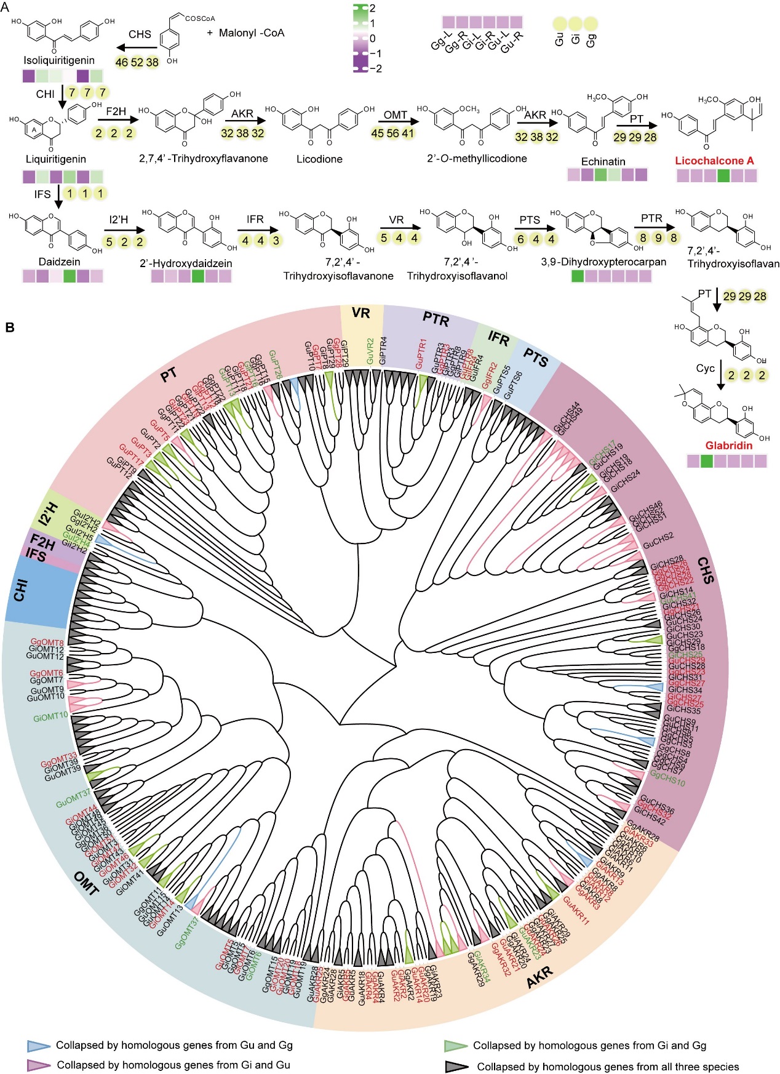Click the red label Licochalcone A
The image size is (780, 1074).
pos(714,161)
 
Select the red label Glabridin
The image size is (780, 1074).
pos(729,446)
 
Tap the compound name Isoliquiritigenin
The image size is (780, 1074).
pos(59,60)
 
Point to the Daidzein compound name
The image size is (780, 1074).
pos(60,262)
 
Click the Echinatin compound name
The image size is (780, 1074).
pos(603,161)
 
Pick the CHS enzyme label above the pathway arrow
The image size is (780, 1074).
pos(140,34)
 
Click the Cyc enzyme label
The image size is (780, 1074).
pos(705,369)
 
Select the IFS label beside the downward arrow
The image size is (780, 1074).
pos(42,194)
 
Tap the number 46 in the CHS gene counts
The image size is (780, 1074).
pos(122,62)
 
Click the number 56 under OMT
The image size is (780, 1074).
pos(392,134)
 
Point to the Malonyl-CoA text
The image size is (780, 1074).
pos(245,33)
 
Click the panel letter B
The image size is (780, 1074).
pos(10,327)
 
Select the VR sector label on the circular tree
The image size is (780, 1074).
pos(361,313)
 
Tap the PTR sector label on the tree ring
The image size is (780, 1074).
pos(436,319)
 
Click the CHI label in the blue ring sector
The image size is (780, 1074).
pos(21,591)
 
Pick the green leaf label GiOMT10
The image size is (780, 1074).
pos(50,717)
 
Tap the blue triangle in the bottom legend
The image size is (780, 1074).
pos(38,1046)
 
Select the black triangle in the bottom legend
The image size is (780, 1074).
pos(456,1067)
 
